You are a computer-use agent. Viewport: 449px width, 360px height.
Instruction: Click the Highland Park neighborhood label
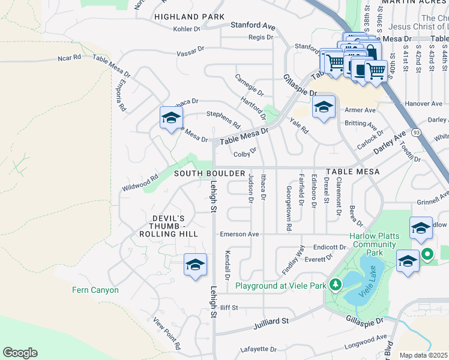(189, 17)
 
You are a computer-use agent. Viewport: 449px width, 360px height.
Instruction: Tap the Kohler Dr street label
(186, 29)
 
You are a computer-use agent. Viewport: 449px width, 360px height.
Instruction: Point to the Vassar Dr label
(191, 53)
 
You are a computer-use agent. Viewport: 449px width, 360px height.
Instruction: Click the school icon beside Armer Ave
(324, 107)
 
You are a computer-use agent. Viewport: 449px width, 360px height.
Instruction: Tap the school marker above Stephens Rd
(171, 118)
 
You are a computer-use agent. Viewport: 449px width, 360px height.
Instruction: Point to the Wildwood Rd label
(139, 178)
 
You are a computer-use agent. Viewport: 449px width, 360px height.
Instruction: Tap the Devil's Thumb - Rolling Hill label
(167, 226)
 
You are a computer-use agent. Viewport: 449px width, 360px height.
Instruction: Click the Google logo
(20, 353)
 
